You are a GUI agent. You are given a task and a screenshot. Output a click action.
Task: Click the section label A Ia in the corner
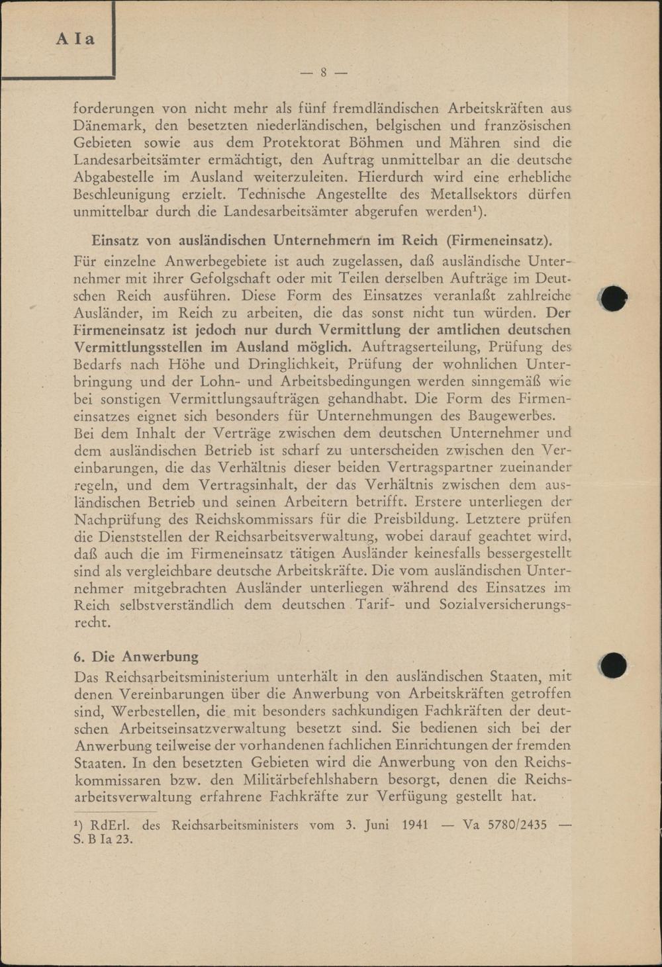click(x=75, y=39)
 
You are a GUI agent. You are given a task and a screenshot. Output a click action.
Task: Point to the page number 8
click(x=324, y=73)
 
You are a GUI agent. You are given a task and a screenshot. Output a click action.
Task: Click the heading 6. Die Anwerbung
click(x=136, y=657)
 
